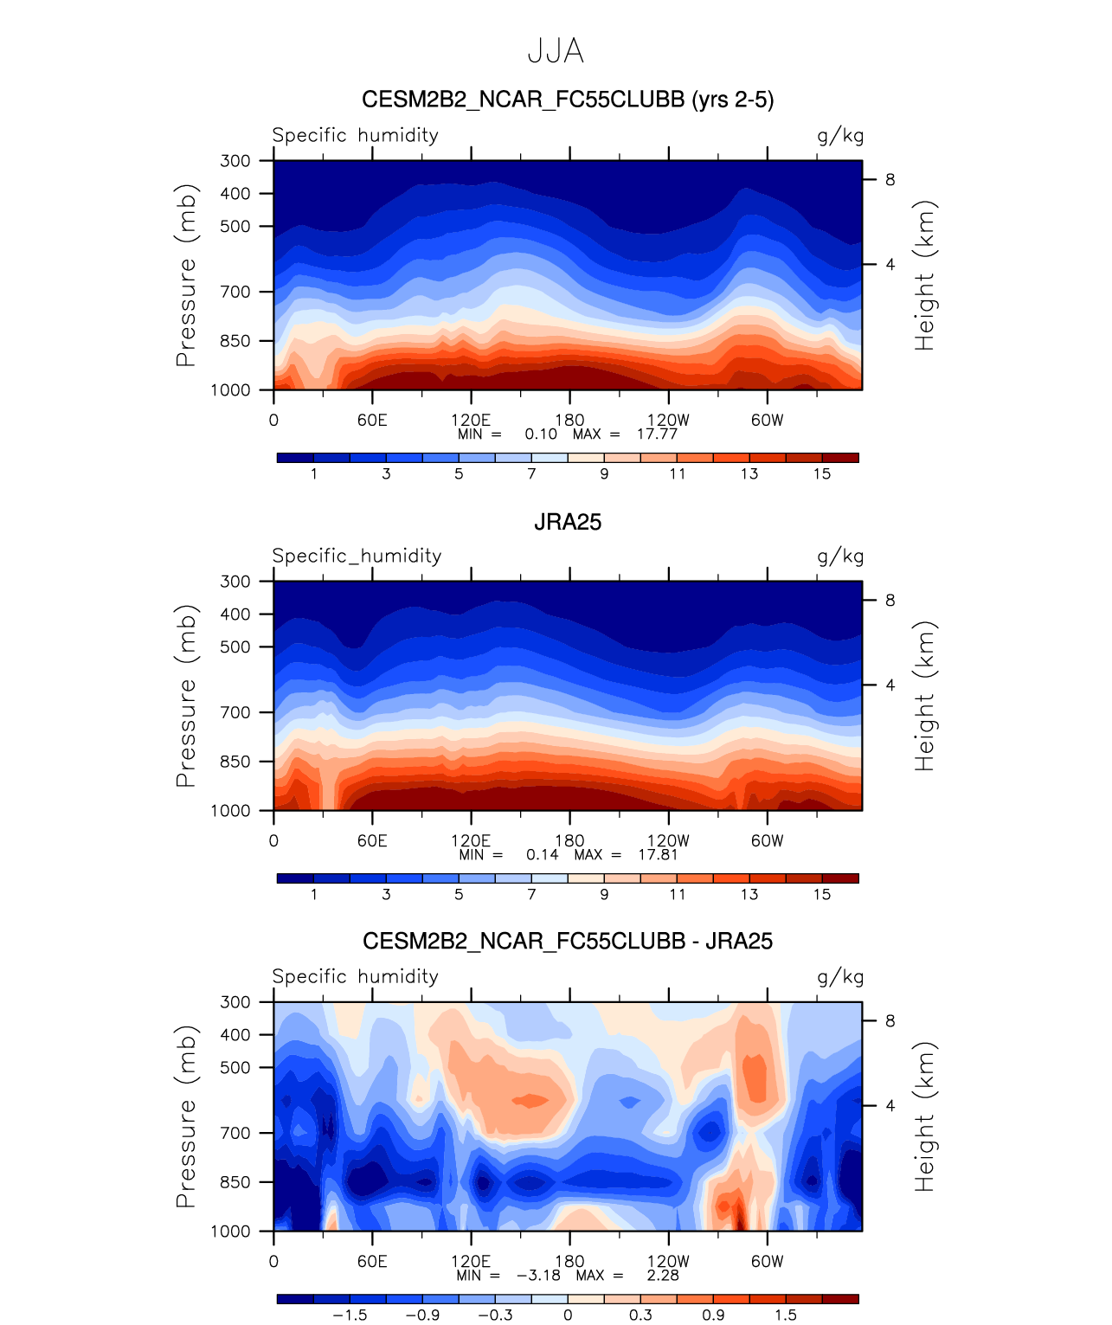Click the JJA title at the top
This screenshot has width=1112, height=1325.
tap(556, 52)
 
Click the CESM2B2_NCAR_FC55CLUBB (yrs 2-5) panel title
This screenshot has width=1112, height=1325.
tap(568, 100)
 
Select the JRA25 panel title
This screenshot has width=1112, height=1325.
tap(568, 522)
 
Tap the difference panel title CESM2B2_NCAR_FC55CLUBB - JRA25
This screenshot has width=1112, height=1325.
tap(568, 942)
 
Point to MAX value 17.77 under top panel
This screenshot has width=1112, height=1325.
tap(657, 434)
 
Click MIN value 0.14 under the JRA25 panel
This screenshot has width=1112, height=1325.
tap(543, 855)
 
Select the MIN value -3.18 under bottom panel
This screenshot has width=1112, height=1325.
tap(538, 1276)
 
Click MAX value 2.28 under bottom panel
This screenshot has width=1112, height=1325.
tap(663, 1276)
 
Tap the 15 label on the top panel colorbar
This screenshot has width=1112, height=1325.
tap(822, 473)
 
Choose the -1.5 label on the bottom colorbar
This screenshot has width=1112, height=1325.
tap(350, 1315)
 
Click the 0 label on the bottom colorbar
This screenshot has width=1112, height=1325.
tap(568, 1315)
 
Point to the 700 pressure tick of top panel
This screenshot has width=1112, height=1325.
tap(235, 293)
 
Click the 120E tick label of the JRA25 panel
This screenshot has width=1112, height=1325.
tap(471, 840)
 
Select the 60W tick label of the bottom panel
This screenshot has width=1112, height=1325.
tap(767, 1261)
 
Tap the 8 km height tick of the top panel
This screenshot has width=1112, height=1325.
tap(890, 180)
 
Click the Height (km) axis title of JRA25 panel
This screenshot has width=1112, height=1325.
tap(925, 696)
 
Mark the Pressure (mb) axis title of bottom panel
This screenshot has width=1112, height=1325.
tap(185, 1116)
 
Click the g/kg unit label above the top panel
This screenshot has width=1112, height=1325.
tap(840, 136)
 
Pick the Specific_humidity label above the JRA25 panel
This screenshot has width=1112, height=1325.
tap(357, 556)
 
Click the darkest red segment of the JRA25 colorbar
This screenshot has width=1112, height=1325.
tap(840, 878)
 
